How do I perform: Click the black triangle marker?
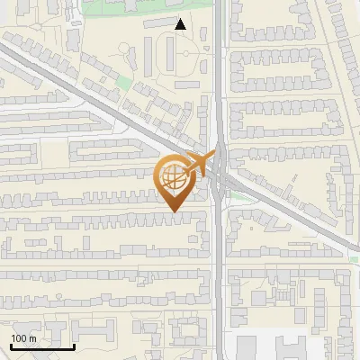(181, 25)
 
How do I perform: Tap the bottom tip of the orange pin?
(174, 211)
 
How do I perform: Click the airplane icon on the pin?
(198, 165)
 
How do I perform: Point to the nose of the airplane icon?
(212, 157)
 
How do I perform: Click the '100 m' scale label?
(23, 338)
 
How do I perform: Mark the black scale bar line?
(43, 346)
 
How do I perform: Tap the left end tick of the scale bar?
(12, 345)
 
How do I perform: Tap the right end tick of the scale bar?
(75, 345)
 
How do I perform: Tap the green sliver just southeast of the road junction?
(236, 193)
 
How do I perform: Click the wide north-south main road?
(220, 270)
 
